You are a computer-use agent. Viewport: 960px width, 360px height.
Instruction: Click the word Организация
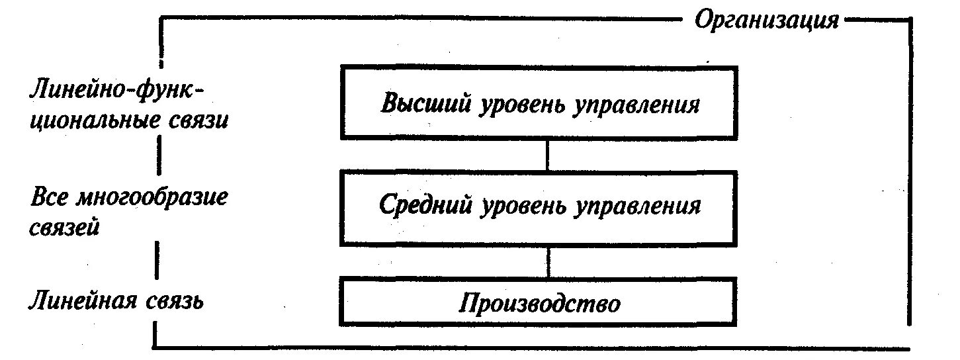(766, 21)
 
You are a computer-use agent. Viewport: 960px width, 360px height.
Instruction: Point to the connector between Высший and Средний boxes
(546, 155)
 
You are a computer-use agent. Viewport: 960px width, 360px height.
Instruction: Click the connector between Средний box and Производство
(548, 261)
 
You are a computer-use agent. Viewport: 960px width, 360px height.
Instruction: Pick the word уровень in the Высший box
(518, 104)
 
